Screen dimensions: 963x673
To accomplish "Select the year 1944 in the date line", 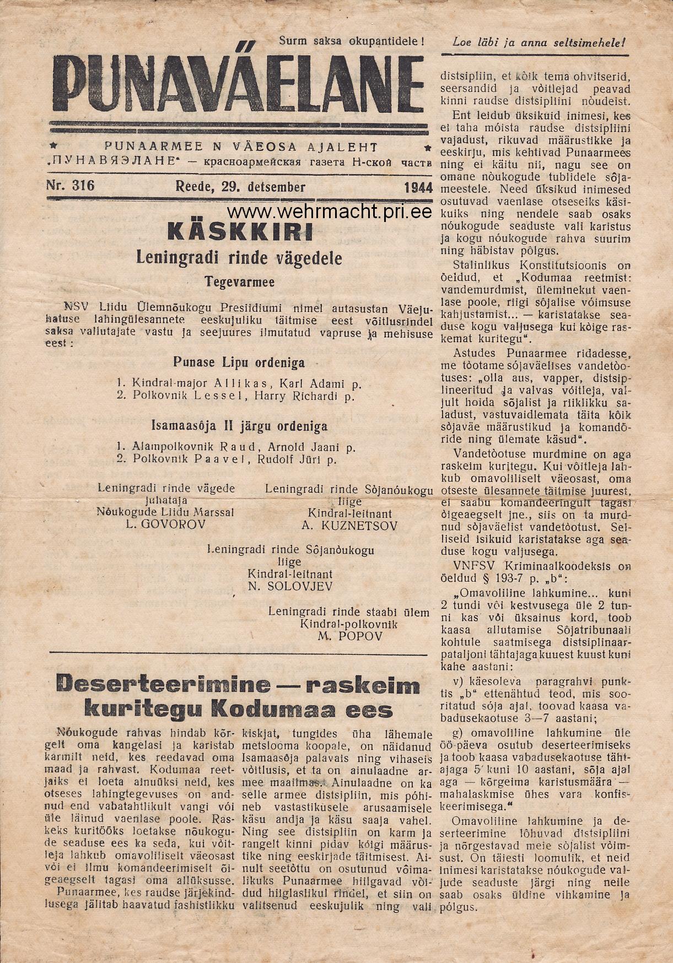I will [418, 187].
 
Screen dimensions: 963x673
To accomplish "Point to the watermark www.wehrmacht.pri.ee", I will [328, 212].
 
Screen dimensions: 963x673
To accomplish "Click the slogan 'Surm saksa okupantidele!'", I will [352, 40].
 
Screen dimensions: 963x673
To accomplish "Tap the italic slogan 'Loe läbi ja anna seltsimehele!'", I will [539, 41].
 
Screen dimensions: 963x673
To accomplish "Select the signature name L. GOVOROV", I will [165, 524].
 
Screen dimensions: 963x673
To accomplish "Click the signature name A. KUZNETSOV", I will [349, 526].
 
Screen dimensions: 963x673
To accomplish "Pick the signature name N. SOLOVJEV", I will [290, 586].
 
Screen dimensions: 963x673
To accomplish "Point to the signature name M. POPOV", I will [348, 637].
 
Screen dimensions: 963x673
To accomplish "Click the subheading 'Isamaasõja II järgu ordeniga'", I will [239, 426].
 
